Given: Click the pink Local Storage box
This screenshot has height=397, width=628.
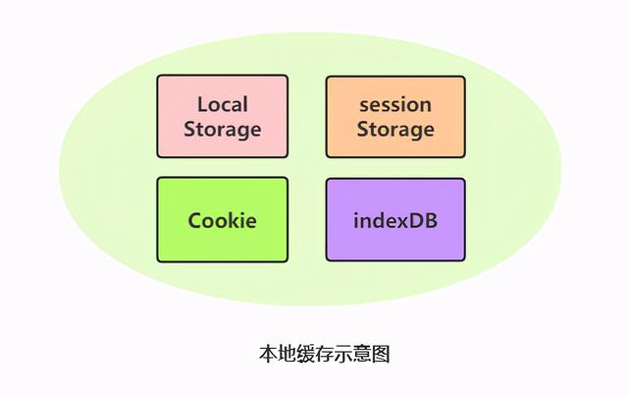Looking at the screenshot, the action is click(223, 116).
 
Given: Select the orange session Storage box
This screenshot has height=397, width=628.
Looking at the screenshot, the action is click(395, 117).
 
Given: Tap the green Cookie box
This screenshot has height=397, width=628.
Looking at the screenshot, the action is click(223, 220).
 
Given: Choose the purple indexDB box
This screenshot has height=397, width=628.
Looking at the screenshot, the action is click(395, 220).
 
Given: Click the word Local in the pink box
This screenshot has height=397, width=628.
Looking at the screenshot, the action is click(223, 104).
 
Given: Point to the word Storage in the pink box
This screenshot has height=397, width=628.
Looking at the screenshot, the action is click(223, 130).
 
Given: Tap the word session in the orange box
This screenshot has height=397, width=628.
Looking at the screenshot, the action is click(395, 105).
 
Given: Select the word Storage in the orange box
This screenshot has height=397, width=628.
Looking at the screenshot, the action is click(395, 130).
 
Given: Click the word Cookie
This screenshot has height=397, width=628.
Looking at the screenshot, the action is click(223, 220).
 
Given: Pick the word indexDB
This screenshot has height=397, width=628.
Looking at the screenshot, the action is click(395, 220).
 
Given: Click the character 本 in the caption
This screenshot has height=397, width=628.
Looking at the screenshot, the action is click(268, 354).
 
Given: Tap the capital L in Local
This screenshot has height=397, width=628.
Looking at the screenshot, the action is click(202, 105).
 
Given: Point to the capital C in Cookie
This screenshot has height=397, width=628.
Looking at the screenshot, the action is click(195, 220).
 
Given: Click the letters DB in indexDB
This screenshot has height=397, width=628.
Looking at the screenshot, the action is click(424, 220).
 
